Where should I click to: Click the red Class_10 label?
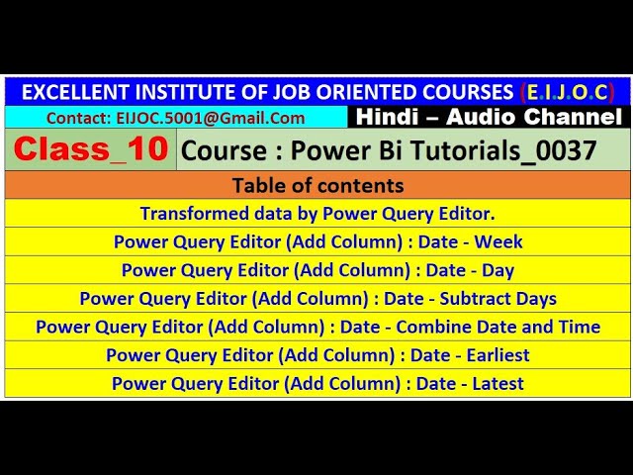pos(91,150)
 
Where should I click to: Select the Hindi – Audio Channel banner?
pos(489,117)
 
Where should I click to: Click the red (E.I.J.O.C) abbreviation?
pos(567,92)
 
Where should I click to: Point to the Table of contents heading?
pos(317,185)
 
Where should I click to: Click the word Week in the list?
pos(503,241)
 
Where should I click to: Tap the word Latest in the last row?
pos(498,383)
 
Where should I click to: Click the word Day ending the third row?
pos(498,270)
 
